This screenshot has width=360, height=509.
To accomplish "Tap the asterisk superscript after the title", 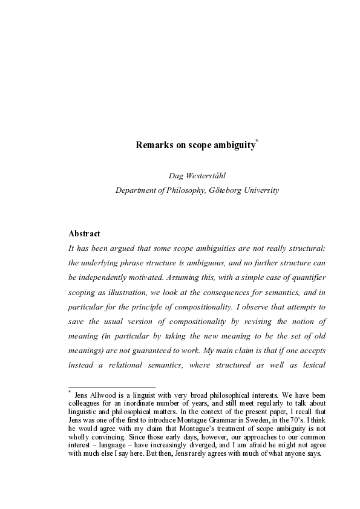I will tap(257, 142).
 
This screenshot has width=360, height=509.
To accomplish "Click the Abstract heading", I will tap(84, 233).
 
